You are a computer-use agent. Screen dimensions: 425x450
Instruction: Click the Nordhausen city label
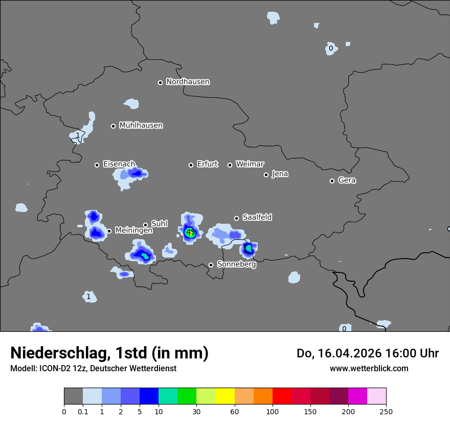pyautogui.click(x=188, y=82)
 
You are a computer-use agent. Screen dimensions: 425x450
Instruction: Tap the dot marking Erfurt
pyautogui.click(x=191, y=165)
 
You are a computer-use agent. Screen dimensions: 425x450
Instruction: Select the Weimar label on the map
pyautogui.click(x=250, y=164)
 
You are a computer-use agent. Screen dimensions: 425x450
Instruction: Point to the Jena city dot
pyautogui.click(x=266, y=175)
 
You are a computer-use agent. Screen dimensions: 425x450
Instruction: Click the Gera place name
pyautogui.click(x=347, y=180)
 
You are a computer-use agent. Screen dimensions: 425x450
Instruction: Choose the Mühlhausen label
pyautogui.click(x=141, y=125)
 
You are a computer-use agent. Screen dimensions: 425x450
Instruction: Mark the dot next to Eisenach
pyautogui.click(x=97, y=165)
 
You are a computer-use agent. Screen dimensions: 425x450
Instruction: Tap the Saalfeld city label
pyautogui.click(x=257, y=218)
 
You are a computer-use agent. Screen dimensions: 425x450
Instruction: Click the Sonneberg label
pyautogui.click(x=236, y=265)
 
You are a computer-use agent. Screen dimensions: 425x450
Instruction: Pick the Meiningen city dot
pyautogui.click(x=109, y=231)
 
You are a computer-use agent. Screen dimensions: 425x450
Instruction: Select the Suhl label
pyautogui.click(x=160, y=224)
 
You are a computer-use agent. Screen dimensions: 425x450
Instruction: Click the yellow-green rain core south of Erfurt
pyautogui.click(x=190, y=233)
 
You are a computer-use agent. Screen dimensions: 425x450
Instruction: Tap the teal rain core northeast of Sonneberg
pyautogui.click(x=249, y=248)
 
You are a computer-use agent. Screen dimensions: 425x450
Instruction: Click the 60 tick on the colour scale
pyautogui.click(x=235, y=412)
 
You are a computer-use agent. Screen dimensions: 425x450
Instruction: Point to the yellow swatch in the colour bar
pyautogui.click(x=225, y=396)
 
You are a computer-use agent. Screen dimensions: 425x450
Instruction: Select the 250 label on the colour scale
pyautogui.click(x=386, y=412)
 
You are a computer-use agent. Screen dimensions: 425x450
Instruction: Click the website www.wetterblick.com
pyautogui.click(x=369, y=369)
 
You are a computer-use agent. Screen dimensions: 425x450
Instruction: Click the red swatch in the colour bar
pyautogui.click(x=282, y=396)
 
